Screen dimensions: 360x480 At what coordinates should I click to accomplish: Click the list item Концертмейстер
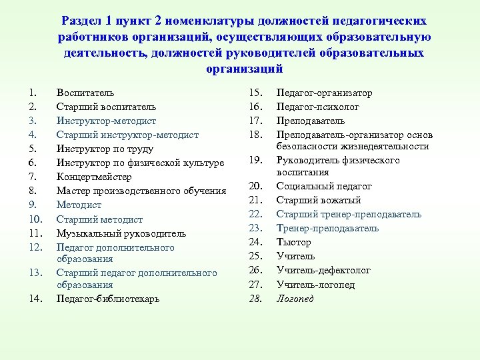pyautogui.click(x=93, y=177)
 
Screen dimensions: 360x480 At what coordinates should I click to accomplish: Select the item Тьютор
pyautogui.click(x=293, y=243)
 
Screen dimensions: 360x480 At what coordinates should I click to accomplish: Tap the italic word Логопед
pyautogui.click(x=295, y=299)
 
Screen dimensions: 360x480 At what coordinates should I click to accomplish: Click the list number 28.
pyautogui.click(x=255, y=299)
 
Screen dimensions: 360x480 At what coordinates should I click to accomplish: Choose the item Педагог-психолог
pyautogui.click(x=318, y=107)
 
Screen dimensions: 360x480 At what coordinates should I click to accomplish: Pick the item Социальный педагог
pyautogui.click(x=323, y=186)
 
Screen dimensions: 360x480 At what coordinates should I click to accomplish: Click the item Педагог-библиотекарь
pyautogui.click(x=108, y=298)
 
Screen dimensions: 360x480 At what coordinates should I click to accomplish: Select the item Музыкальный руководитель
pyautogui.click(x=121, y=233)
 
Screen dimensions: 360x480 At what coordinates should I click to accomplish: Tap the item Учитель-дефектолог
pyautogui.click(x=323, y=271)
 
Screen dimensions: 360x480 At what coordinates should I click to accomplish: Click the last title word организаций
pyautogui.click(x=245, y=69)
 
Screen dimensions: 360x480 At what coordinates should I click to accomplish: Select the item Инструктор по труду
pyautogui.click(x=105, y=149)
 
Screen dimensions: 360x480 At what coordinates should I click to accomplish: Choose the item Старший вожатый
pyautogui.click(x=319, y=200)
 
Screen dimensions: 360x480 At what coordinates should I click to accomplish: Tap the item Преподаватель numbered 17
pyautogui.click(x=311, y=121)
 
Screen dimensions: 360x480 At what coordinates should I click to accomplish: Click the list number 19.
pyautogui.click(x=255, y=160)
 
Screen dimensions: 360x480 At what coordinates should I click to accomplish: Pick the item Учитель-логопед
pyautogui.click(x=315, y=285)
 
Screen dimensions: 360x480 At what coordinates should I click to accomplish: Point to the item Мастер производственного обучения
pyautogui.click(x=141, y=191)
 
